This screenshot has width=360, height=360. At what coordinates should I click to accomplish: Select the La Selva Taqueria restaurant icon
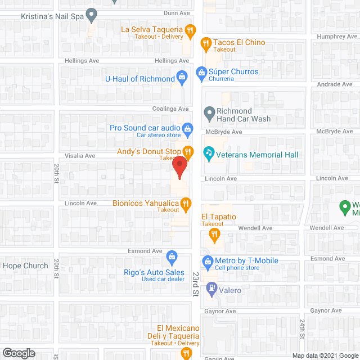click(x=191, y=30)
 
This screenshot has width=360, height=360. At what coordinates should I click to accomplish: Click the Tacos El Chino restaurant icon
click(x=206, y=42)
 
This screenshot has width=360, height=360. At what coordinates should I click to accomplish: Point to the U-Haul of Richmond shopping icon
click(x=182, y=76)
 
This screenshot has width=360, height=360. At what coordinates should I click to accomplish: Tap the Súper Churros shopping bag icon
click(x=200, y=72)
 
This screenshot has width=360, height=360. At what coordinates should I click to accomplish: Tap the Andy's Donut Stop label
click(x=149, y=151)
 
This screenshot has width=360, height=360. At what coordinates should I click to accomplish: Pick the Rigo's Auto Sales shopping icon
click(x=172, y=259)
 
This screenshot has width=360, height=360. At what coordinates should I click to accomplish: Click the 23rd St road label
click(x=196, y=284)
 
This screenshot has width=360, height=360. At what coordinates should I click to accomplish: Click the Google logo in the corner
click(x=19, y=353)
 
